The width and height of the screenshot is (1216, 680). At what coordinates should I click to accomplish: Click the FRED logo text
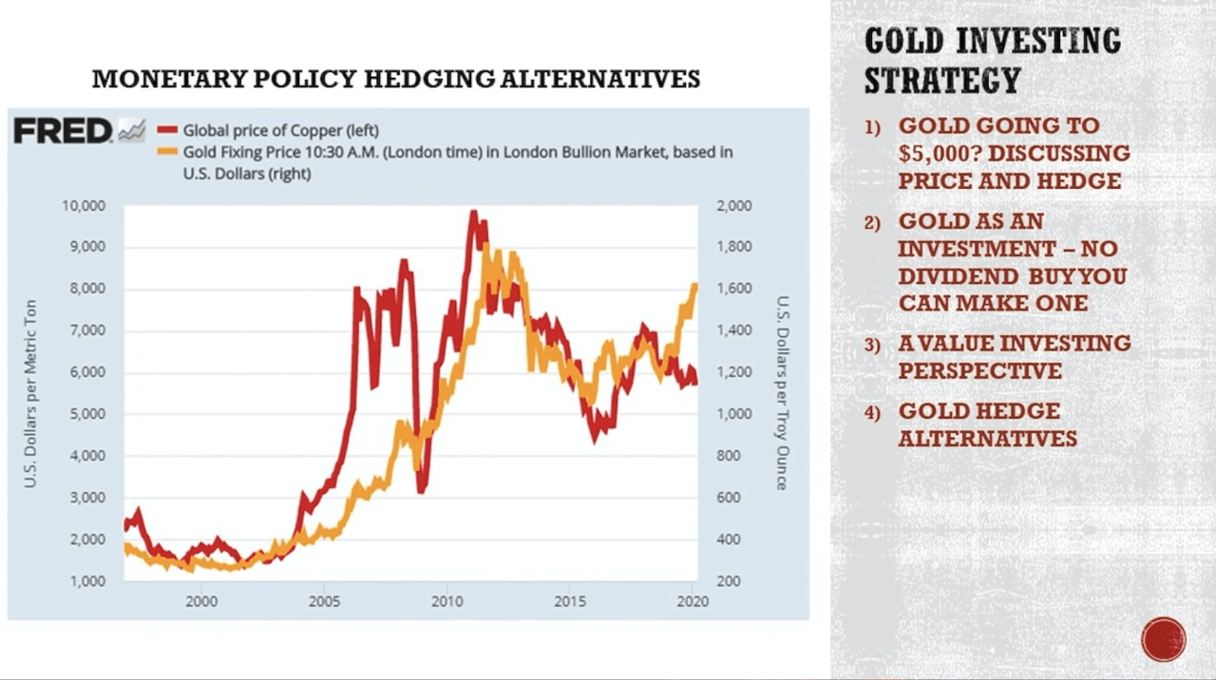63,132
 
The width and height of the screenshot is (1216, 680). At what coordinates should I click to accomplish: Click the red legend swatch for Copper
167,130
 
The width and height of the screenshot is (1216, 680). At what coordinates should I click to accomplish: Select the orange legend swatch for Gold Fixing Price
167,152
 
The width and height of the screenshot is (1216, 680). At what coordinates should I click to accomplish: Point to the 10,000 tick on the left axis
85,205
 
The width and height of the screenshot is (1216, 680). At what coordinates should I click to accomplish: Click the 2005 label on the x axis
324,601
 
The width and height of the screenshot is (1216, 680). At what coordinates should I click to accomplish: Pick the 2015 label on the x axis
570,601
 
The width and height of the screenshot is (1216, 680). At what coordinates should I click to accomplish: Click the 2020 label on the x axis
693,601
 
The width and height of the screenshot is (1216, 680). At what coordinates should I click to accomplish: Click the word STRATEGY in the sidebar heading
941,81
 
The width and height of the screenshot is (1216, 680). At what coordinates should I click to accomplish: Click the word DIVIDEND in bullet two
957,276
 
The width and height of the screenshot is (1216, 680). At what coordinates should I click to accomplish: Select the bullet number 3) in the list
872,344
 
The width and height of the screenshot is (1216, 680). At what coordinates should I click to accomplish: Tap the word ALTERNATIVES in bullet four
987,439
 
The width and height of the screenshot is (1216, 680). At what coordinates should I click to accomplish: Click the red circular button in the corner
1164,639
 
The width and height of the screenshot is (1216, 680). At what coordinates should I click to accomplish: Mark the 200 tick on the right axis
729,580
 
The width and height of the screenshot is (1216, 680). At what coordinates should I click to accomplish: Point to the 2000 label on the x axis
201,601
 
